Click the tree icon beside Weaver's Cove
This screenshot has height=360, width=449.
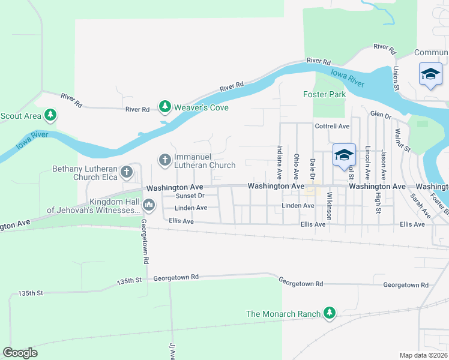(x=164, y=107)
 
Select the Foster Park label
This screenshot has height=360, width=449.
(x=324, y=95)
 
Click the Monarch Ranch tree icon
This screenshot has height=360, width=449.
(x=329, y=313)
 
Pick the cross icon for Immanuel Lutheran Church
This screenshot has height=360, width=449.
(x=164, y=160)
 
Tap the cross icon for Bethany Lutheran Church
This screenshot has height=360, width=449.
(x=126, y=172)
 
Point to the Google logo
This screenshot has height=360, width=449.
(x=20, y=352)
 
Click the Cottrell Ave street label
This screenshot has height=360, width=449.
(x=332, y=127)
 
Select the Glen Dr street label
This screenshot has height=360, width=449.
(x=381, y=114)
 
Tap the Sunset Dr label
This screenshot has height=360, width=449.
(x=190, y=196)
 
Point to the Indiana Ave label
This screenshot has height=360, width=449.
(x=279, y=162)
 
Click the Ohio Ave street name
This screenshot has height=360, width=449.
(x=296, y=166)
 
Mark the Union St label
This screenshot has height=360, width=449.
(x=396, y=78)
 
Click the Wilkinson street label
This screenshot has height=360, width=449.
(x=329, y=207)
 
